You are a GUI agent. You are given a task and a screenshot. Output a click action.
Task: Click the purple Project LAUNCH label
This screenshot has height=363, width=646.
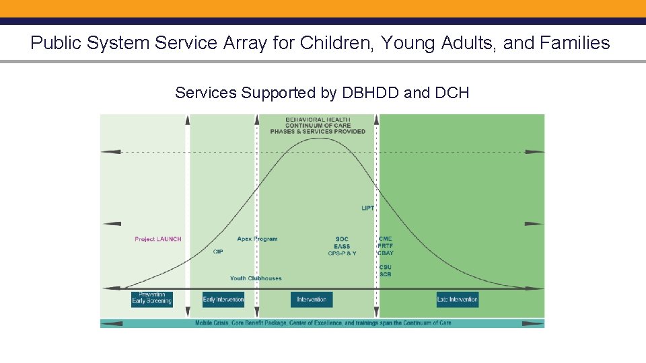(157, 239)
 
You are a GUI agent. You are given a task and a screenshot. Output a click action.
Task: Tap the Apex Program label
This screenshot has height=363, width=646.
(257, 239)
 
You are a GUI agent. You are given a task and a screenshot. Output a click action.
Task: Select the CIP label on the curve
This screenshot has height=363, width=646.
(218, 252)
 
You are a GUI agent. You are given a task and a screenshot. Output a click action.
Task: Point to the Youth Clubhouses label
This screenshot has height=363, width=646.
(256, 278)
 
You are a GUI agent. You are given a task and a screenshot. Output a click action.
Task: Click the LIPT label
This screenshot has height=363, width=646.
(367, 208)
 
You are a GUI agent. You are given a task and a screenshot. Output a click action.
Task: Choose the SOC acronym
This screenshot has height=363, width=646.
(342, 239)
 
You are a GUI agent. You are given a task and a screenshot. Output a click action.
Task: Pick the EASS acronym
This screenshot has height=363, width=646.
(342, 247)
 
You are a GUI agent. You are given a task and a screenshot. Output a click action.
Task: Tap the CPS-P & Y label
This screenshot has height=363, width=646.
(342, 253)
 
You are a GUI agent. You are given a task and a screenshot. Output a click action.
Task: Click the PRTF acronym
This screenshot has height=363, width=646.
(386, 246)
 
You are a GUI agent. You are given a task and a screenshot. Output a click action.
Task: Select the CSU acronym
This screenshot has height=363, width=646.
(385, 268)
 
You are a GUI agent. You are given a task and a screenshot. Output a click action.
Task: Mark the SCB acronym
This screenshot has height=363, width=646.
(385, 274)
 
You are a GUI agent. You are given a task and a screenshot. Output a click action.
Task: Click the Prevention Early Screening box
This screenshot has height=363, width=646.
(152, 298)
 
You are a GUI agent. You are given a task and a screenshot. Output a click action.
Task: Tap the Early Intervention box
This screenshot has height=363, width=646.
(223, 299)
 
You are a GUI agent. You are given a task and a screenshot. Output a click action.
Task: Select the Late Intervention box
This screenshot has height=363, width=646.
(458, 299)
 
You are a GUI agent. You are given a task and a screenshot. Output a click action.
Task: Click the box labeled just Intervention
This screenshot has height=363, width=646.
(312, 299)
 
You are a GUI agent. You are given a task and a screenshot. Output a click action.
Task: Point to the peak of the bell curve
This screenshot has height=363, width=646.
(318, 138)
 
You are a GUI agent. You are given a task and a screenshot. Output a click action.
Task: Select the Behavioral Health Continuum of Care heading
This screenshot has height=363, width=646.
(318, 126)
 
